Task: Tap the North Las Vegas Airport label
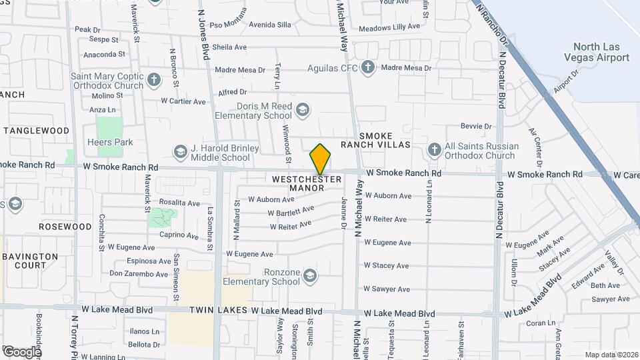pyautogui.click(x=601, y=52)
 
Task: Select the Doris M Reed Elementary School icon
pyautogui.click(x=303, y=110)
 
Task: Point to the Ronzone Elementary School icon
pyautogui.click(x=309, y=275)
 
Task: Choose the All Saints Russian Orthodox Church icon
pyautogui.click(x=435, y=150)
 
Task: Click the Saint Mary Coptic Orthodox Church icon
pyautogui.click(x=154, y=81)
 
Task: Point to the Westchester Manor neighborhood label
pyautogui.click(x=307, y=183)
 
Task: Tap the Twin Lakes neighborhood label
pyautogui.click(x=218, y=311)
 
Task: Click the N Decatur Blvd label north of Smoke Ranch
pyautogui.click(x=501, y=74)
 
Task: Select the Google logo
pyautogui.click(x=21, y=351)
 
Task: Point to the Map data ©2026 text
pyautogui.click(x=611, y=355)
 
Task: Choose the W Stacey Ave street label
pyautogui.click(x=387, y=265)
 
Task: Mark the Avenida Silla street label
pyautogui.click(x=270, y=25)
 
